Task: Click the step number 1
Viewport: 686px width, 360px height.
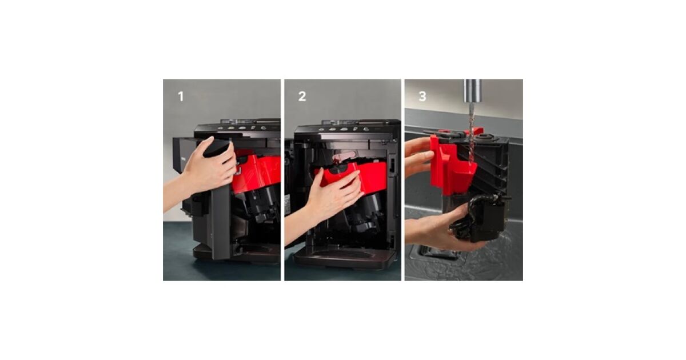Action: (181, 97)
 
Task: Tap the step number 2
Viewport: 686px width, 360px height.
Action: (302, 97)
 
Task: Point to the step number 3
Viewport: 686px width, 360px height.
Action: (422, 97)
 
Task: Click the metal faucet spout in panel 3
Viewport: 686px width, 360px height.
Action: (473, 91)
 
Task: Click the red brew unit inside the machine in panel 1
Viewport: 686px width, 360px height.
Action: (257, 173)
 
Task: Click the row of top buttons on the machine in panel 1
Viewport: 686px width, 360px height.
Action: (242, 127)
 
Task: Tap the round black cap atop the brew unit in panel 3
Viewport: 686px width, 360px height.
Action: (485, 136)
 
